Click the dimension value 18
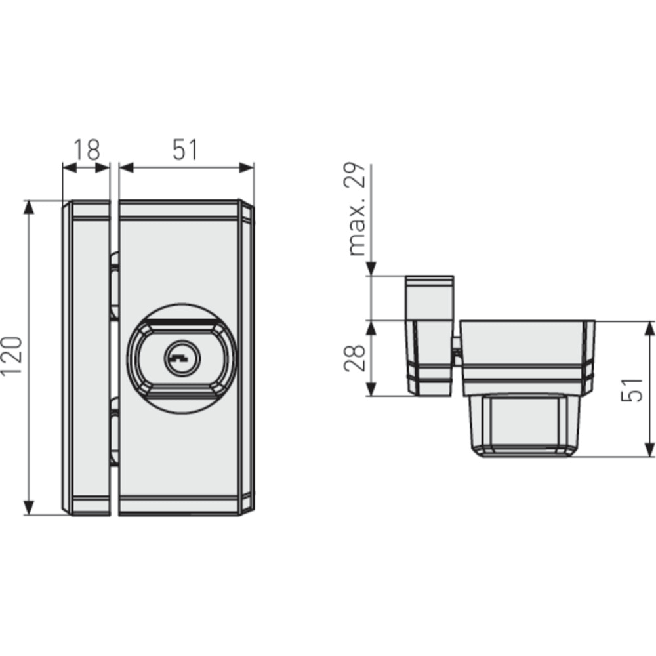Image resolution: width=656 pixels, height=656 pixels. coord(86,150)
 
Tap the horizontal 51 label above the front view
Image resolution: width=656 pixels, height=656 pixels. coord(185,150)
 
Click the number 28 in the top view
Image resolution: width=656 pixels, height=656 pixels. coord(354,358)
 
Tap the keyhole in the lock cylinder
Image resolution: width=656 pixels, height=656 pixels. coord(178,358)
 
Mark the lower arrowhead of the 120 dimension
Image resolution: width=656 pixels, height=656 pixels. coord(28,507)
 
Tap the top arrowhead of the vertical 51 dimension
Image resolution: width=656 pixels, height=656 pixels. coord(649,329)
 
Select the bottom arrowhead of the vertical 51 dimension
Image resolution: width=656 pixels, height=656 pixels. coord(649,449)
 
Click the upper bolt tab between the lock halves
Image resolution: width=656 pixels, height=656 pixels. coord(114,285)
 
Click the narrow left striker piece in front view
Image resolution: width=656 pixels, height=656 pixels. coord(89,358)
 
